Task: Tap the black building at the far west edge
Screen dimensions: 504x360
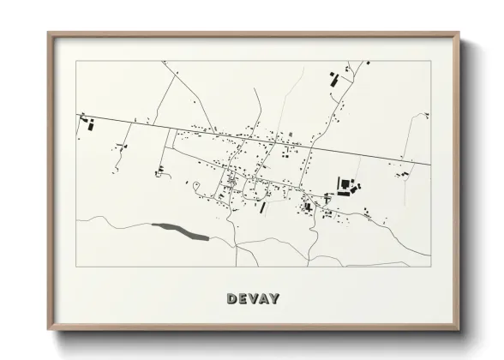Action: coord(88,125)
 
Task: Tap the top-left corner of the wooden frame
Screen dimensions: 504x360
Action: coord(49,33)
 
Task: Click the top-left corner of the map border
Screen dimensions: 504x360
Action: coord(76,61)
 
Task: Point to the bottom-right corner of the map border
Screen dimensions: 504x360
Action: coord(429,266)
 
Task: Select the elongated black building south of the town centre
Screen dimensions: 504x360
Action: coord(263,207)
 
